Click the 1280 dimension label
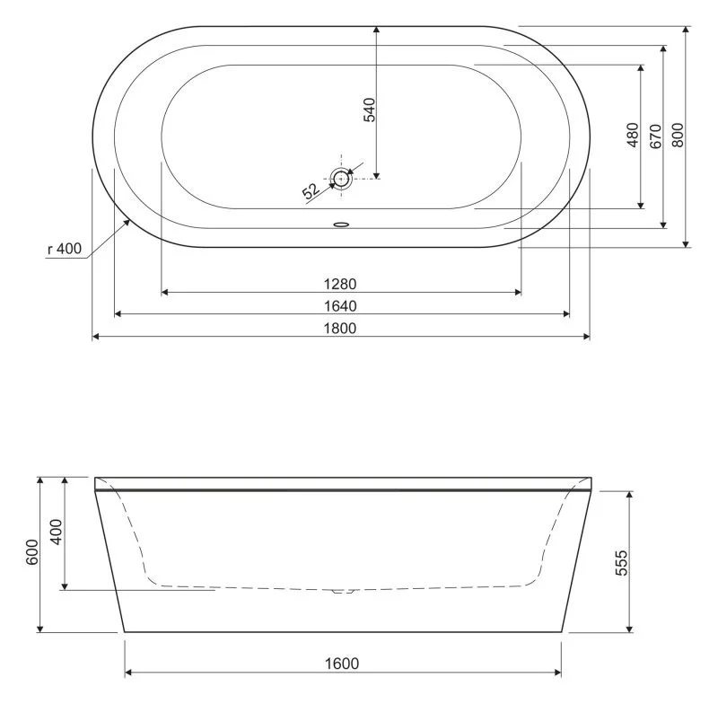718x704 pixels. tap(340, 283)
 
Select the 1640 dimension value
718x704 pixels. tap(340, 305)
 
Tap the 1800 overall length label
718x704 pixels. tap(340, 328)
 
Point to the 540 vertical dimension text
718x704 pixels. tap(368, 108)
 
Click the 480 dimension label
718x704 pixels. tap(632, 136)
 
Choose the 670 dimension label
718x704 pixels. tap(655, 136)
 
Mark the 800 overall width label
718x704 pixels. tap(678, 136)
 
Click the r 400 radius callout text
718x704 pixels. tap(63, 250)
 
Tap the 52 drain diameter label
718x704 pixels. tap(311, 190)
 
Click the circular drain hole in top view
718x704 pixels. tap(341, 178)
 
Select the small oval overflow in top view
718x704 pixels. tap(341, 225)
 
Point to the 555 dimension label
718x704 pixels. tap(622, 561)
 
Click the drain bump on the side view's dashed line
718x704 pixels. tap(342, 591)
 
